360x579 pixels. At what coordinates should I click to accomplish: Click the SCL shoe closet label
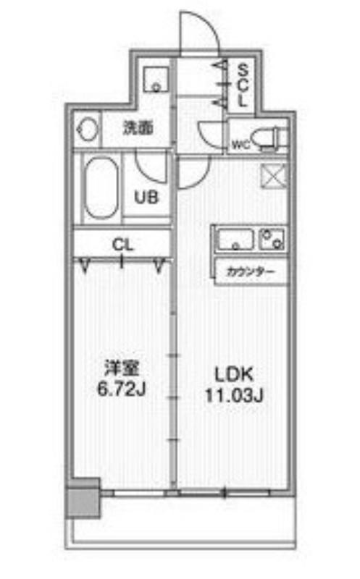[242, 85]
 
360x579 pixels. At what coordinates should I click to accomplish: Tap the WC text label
[241, 144]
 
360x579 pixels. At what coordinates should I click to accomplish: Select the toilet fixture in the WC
[274, 138]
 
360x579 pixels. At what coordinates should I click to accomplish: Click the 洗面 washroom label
[138, 128]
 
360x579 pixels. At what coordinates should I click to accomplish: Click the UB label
[146, 198]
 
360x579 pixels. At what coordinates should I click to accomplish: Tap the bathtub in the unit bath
[101, 188]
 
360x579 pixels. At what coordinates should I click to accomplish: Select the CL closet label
[122, 245]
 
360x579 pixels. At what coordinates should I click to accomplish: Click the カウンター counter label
[251, 273]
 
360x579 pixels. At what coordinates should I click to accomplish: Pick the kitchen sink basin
[236, 240]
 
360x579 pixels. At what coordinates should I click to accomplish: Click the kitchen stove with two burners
[272, 239]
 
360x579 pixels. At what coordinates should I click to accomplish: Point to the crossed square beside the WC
[274, 176]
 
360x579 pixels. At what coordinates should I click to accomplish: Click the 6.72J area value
[121, 389]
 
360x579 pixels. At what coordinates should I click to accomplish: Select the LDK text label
[235, 374]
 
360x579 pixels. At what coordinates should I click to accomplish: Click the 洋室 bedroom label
[122, 369]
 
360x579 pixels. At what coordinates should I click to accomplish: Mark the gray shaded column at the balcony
[83, 498]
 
